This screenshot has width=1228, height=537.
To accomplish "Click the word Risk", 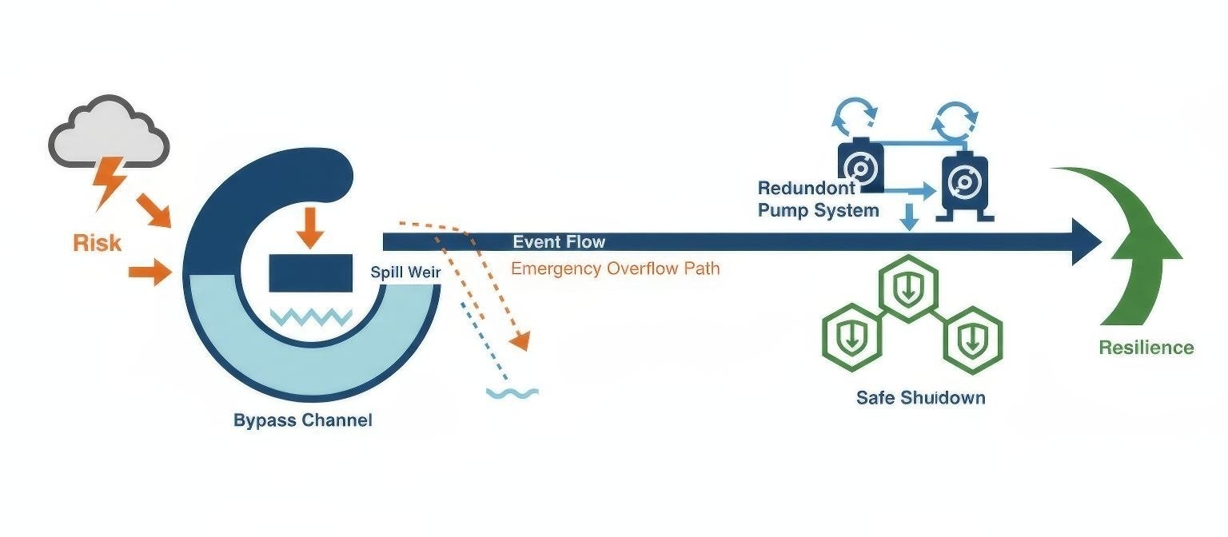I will click(x=98, y=242).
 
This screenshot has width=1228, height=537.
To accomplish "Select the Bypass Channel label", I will click(x=302, y=420).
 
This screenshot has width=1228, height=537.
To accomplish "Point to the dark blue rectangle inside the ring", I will click(x=310, y=272).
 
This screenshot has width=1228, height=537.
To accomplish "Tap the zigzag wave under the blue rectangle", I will click(x=310, y=317).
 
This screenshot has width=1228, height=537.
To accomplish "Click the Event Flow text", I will click(x=559, y=242).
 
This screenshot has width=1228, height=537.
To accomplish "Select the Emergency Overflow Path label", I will click(x=615, y=268).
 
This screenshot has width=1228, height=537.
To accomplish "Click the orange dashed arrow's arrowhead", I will click(x=520, y=342).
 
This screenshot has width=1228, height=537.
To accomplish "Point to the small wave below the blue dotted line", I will click(x=512, y=392).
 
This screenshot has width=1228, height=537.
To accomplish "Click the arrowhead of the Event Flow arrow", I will click(x=1086, y=241).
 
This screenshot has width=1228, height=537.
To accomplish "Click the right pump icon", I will click(x=965, y=184).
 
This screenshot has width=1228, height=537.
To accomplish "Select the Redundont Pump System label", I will click(x=818, y=200).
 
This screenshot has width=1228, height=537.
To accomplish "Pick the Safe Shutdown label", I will click(x=920, y=397).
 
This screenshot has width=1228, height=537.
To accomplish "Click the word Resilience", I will click(x=1146, y=348).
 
